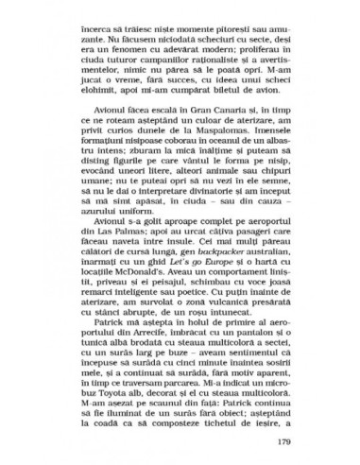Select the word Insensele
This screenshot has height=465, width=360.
(261, 129)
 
